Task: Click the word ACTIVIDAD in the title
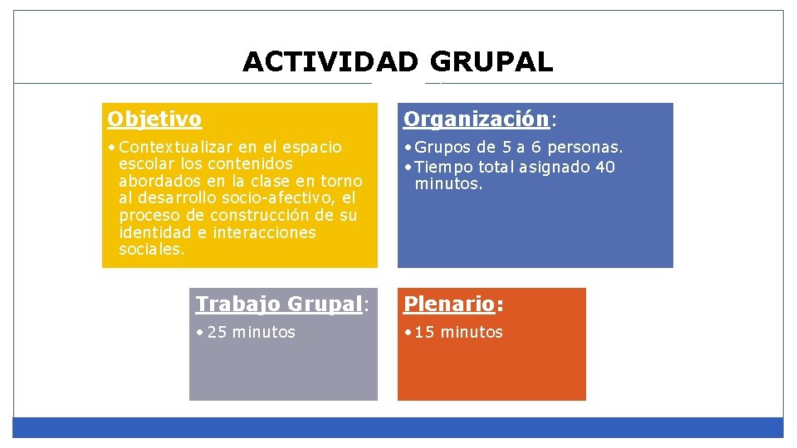point(330,62)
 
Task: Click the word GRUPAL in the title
point(491,62)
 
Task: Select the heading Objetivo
point(154,119)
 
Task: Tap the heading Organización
point(476,119)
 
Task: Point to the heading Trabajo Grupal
point(279,304)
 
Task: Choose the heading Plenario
point(449,304)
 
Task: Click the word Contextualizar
point(169,148)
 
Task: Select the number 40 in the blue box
point(605,168)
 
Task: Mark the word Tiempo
point(445,168)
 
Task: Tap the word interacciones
point(265,232)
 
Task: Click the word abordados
point(156,182)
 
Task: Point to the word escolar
point(144,164)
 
